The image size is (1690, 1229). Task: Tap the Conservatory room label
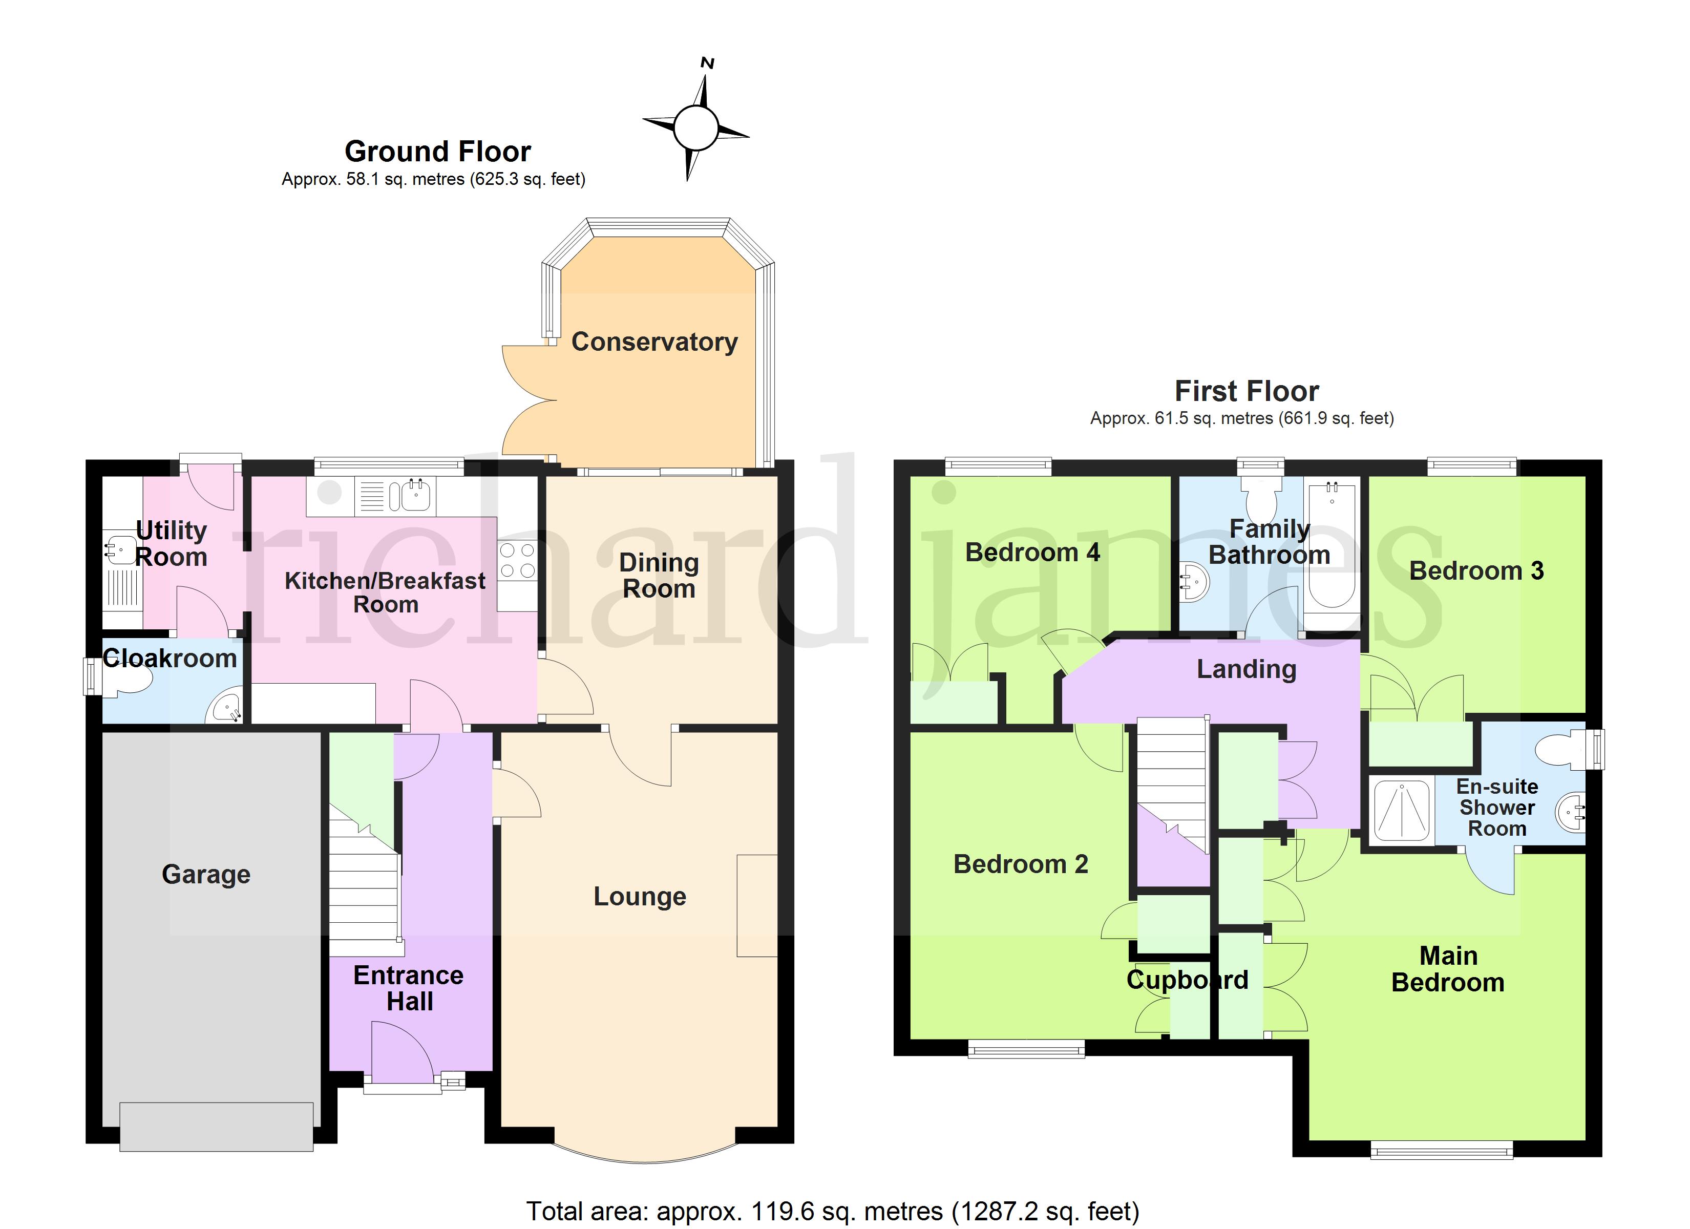654,342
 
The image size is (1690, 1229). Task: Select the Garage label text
206,874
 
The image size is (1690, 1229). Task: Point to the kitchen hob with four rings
517,560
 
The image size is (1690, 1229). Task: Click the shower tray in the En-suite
1402,810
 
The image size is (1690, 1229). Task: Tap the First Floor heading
1247,391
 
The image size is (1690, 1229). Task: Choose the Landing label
1247,669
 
